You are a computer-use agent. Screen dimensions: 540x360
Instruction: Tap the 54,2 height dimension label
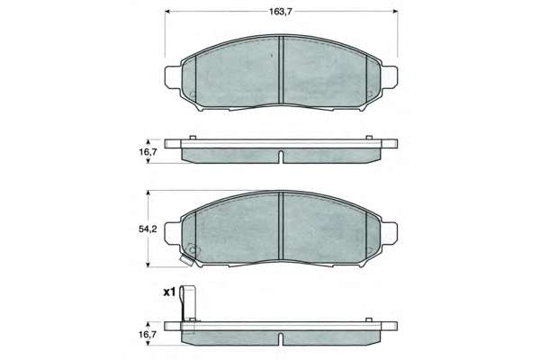(148, 229)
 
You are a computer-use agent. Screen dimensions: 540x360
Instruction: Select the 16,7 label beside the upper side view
(148, 151)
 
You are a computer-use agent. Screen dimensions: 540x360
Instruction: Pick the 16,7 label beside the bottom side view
(148, 334)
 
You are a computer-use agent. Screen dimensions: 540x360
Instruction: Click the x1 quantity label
(169, 292)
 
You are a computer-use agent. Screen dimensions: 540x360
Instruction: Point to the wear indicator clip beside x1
(188, 304)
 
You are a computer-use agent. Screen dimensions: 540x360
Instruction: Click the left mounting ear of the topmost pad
(173, 76)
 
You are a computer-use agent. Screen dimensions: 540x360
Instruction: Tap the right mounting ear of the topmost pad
(389, 76)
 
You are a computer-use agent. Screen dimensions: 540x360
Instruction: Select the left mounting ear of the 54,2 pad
(173, 233)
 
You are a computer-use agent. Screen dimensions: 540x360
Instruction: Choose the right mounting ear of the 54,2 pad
(389, 233)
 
